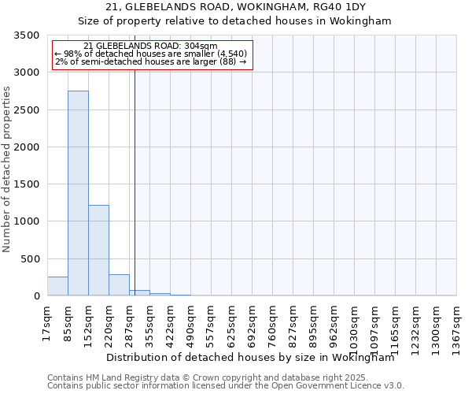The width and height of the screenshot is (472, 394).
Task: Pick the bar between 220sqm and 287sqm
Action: [119, 285]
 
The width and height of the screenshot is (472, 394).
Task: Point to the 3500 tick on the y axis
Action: [28, 35]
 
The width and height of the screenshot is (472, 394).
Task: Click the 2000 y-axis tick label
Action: [28, 147]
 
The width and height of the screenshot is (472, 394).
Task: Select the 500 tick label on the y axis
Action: [31, 259]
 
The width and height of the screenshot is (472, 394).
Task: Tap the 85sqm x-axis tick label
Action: [68, 319]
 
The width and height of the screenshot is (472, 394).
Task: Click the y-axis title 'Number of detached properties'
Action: [7, 169]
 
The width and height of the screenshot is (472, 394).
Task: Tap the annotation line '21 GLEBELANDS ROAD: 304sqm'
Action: [149, 46]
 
